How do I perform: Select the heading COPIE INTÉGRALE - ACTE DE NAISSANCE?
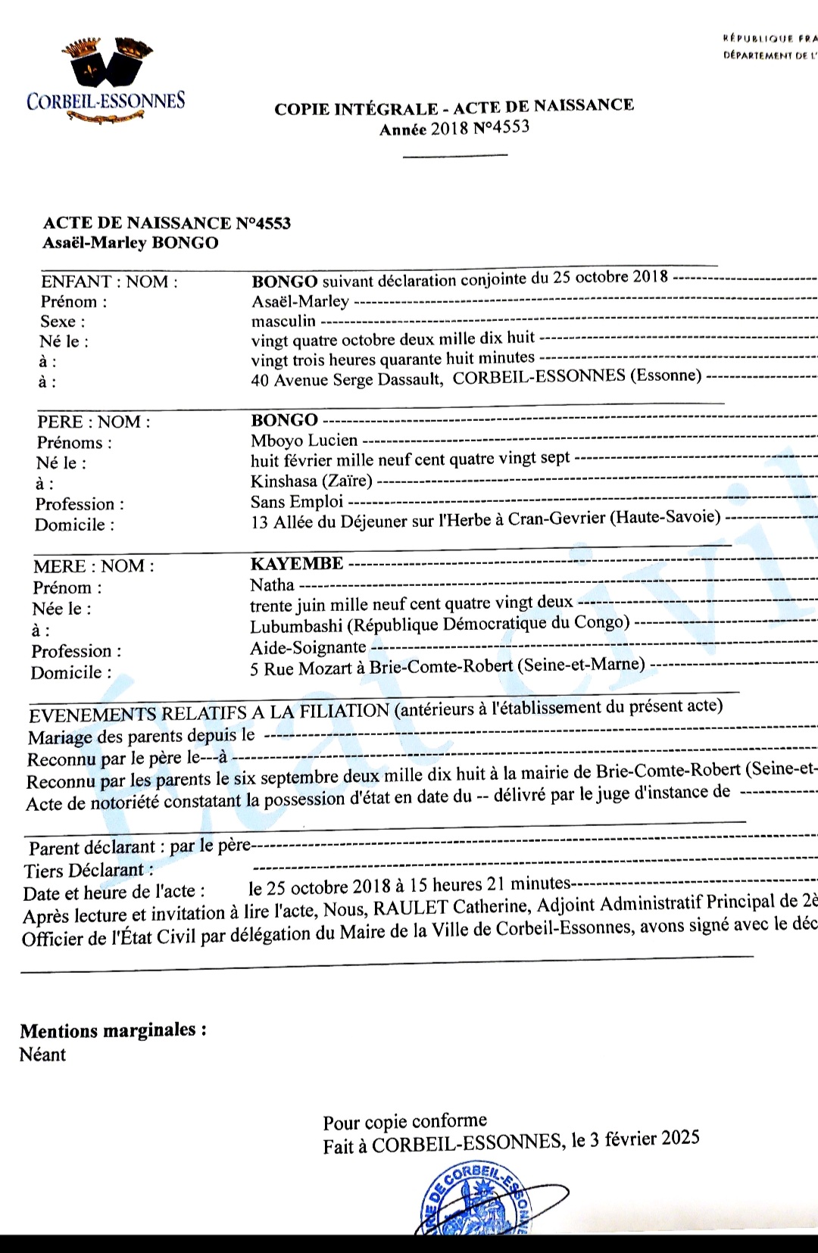(x=454, y=107)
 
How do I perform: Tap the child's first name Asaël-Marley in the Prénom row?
(x=301, y=301)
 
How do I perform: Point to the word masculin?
(x=283, y=321)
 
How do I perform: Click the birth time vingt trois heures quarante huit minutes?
(x=393, y=358)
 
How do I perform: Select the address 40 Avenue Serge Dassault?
(x=346, y=379)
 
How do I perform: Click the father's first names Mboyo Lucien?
(x=304, y=440)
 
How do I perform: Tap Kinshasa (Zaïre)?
(x=311, y=481)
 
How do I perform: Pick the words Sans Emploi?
(x=297, y=501)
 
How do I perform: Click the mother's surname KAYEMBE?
(x=296, y=563)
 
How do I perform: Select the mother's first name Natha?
(x=272, y=584)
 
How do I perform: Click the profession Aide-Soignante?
(x=308, y=647)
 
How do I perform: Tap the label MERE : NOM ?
(x=93, y=566)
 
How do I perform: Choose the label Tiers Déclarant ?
(x=88, y=870)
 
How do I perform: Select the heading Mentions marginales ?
(x=113, y=1030)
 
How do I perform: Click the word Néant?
(x=42, y=1055)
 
